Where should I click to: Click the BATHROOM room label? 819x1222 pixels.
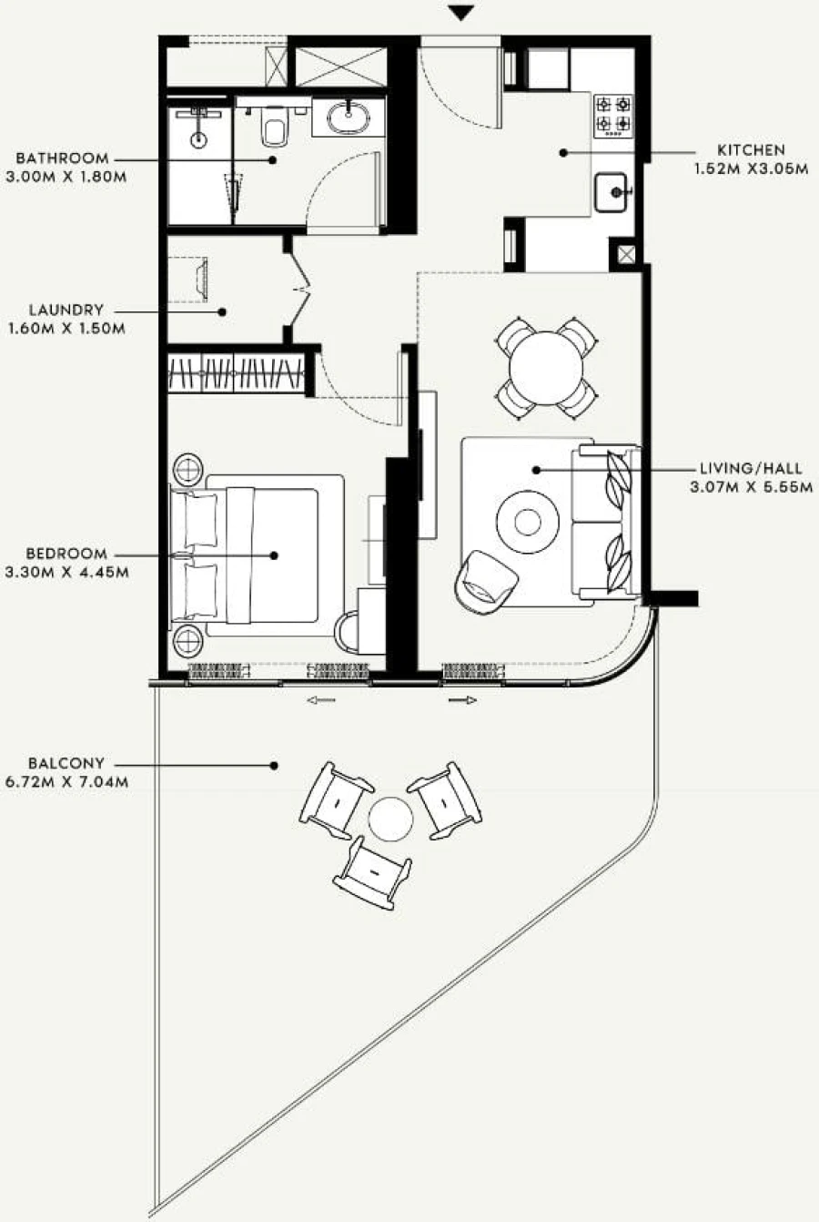coord(62,158)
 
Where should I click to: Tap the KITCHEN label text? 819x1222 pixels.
coord(751,150)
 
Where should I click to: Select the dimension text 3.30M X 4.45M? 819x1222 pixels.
coord(66,573)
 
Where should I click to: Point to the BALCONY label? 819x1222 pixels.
coord(66,763)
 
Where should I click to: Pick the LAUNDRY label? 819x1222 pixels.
coord(66,311)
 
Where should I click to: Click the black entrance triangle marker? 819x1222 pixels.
coord(462,13)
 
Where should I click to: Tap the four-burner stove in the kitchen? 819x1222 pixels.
coord(613,116)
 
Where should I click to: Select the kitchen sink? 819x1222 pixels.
coord(613,193)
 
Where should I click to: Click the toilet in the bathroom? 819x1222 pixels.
coord(272,127)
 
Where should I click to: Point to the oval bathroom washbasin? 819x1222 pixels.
coord(347,117)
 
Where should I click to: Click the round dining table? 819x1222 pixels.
coord(546,367)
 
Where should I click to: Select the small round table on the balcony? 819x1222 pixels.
coord(391,818)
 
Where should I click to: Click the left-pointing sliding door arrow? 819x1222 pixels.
coord(320,700)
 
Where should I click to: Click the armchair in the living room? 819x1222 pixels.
coord(486,578)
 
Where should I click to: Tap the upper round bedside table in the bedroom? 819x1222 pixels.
coord(190,470)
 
